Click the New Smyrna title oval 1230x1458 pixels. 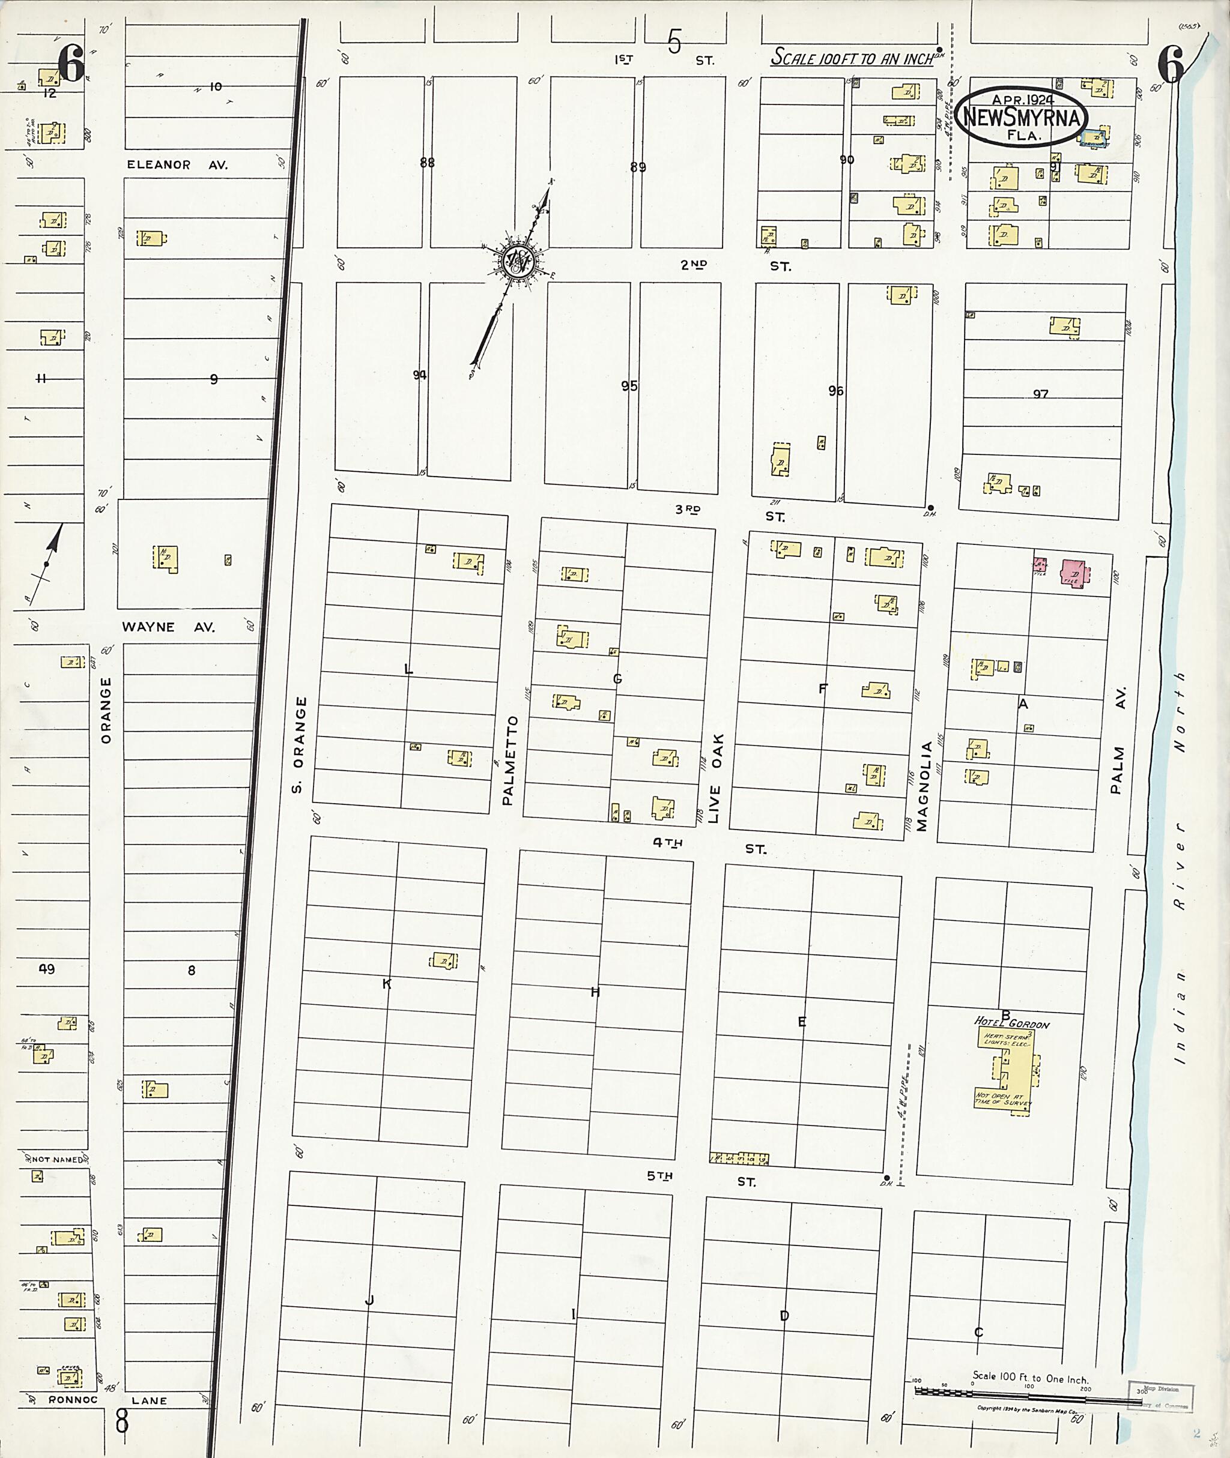(1020, 116)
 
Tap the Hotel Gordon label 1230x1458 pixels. (1010, 1023)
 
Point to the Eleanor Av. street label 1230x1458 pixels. (177, 165)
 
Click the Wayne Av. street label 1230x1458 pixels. (168, 627)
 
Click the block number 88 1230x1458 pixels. (427, 163)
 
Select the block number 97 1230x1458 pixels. (1040, 394)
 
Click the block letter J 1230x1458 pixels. (369, 1300)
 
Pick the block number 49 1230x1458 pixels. (47, 969)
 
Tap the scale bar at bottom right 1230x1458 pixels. (1025, 1391)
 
